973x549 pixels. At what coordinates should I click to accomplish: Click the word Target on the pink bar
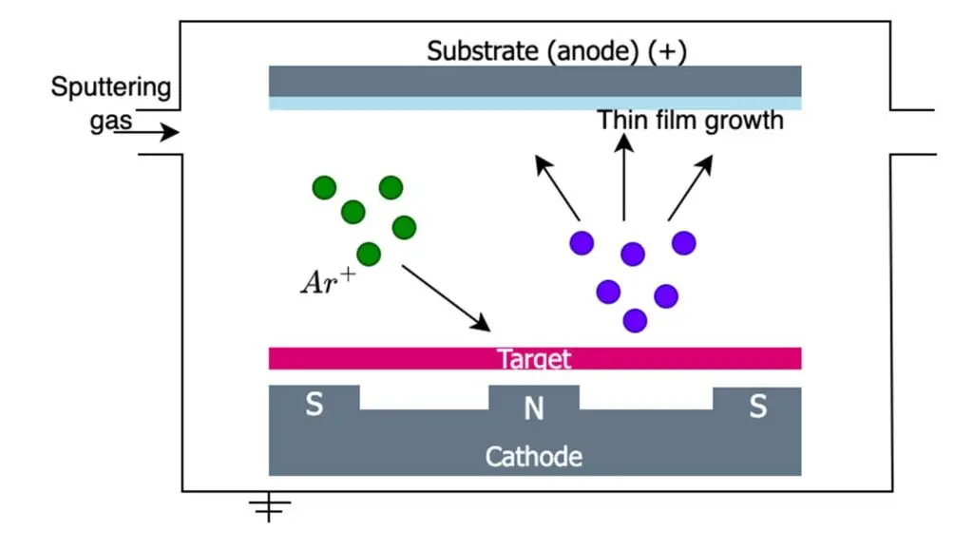[534, 359]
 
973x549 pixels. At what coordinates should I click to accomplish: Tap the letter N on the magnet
[534, 409]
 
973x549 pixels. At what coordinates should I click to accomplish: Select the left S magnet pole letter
[314, 406]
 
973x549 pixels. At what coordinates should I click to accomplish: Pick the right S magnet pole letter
[757, 407]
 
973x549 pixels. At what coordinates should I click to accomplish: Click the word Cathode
[534, 457]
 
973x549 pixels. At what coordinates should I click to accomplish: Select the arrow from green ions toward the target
[446, 298]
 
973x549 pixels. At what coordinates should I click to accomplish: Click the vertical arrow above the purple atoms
[624, 176]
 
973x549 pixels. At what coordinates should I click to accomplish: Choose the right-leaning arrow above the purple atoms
[691, 187]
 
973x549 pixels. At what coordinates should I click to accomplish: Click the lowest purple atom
[635, 321]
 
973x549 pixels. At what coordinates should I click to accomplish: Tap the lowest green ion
[369, 255]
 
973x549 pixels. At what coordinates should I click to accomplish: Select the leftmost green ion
[323, 188]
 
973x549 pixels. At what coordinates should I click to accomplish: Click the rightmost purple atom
[684, 243]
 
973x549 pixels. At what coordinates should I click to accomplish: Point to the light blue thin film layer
[534, 104]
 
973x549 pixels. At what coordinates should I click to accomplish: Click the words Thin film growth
[690, 121]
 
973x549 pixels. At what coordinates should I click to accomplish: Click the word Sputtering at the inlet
[111, 88]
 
